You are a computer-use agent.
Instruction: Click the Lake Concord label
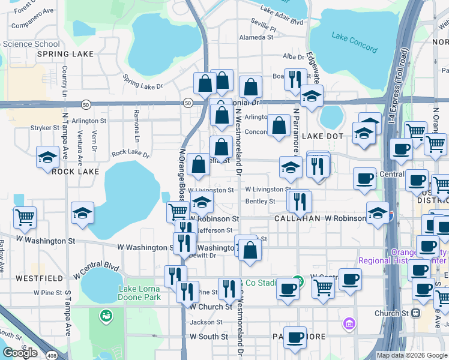354,43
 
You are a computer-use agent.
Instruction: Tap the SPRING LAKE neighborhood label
65,54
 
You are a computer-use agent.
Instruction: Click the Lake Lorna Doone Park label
139,293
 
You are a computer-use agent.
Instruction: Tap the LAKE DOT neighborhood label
322,136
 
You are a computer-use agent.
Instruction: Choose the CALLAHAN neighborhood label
297,219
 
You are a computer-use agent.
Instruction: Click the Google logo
20,353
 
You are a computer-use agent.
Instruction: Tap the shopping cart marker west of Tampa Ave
25,217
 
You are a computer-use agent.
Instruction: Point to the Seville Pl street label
264,28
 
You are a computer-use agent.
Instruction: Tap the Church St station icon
415,313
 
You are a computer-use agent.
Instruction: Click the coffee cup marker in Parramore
294,337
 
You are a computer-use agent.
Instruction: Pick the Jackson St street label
206,322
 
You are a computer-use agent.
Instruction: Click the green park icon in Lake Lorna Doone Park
106,315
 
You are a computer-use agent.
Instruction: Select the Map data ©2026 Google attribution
412,355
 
